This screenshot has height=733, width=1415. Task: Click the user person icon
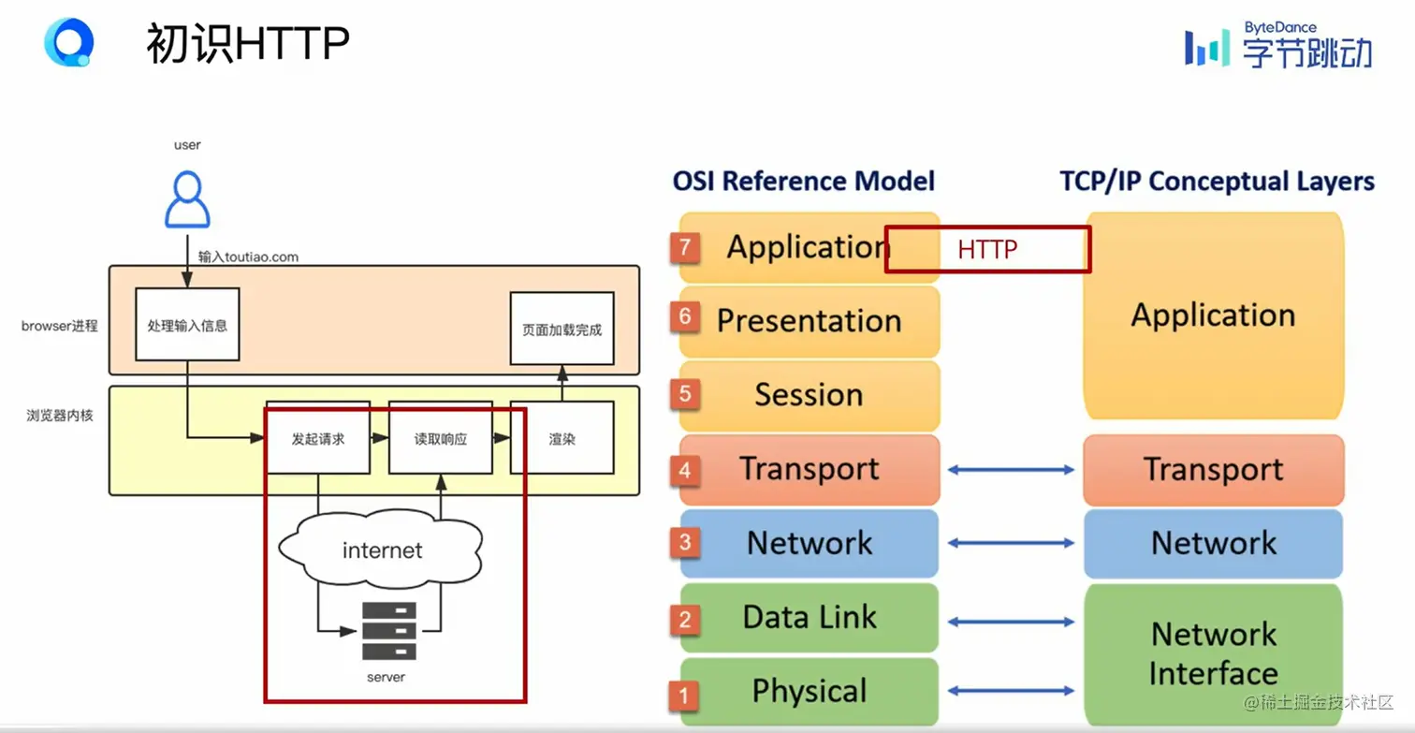(x=187, y=199)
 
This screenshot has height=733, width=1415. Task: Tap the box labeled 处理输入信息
(x=187, y=325)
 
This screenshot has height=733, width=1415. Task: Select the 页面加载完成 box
(x=562, y=329)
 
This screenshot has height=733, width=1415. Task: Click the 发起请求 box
(x=318, y=438)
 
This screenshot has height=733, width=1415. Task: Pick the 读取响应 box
(x=440, y=438)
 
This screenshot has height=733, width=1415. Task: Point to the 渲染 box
(x=562, y=438)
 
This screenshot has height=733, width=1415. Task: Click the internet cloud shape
(x=382, y=550)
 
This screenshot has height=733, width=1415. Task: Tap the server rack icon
(x=389, y=631)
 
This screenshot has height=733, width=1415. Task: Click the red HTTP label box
(x=987, y=249)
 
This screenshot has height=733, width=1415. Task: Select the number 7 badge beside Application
(x=685, y=247)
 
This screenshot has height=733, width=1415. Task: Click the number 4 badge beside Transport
(x=685, y=469)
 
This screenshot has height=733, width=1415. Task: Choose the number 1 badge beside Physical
(x=685, y=694)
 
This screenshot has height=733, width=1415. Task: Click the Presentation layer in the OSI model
(x=809, y=320)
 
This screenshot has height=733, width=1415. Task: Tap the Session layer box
(x=809, y=395)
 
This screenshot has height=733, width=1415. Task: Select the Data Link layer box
(x=809, y=617)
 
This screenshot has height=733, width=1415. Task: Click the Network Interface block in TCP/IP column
(x=1213, y=653)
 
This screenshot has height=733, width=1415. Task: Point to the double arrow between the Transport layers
(x=1011, y=470)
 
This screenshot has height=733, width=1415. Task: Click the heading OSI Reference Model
(x=803, y=181)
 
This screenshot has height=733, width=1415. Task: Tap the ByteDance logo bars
(x=1207, y=48)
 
